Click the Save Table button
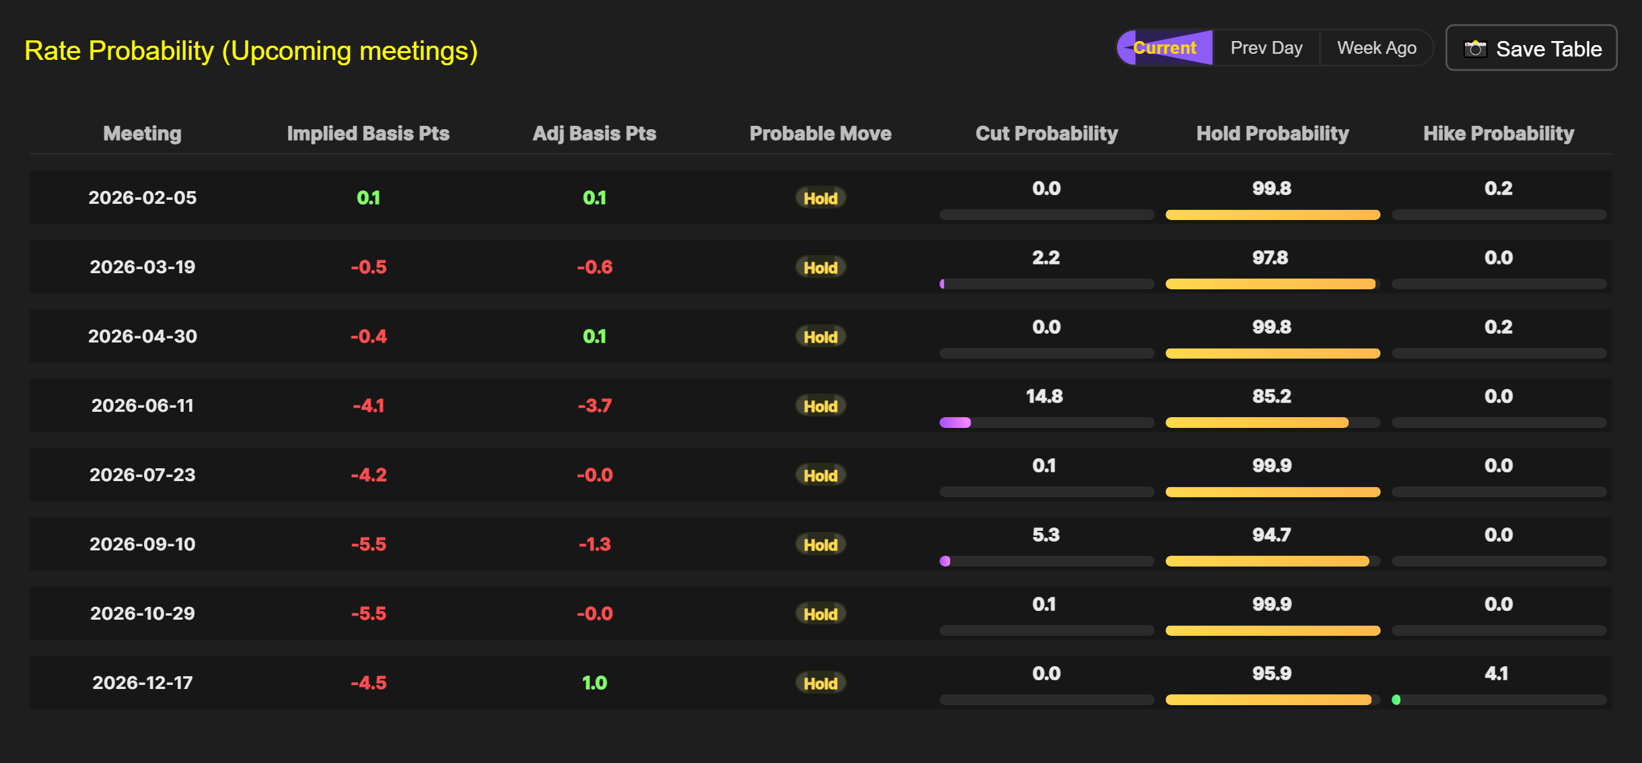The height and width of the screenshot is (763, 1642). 1531,48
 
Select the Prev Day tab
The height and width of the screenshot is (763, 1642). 1266,48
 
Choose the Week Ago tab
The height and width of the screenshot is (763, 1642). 1376,48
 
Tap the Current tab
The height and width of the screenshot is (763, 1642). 1165,48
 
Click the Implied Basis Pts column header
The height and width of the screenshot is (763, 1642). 368,133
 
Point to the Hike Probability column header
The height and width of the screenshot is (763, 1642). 1499,133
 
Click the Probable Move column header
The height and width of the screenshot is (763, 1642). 820,133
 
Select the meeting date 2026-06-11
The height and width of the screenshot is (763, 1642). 143,406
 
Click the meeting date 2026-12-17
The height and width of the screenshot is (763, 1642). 143,683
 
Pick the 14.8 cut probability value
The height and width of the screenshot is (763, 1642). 1044,396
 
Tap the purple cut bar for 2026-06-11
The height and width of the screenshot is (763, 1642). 955,423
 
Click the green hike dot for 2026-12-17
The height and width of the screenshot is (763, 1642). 1396,700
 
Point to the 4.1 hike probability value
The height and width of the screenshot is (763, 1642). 1497,674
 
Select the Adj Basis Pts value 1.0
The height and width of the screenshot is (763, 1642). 594,683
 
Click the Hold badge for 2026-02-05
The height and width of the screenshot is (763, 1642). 820,198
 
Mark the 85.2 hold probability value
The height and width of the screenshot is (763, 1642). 1271,396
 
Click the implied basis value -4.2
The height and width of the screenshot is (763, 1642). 368,475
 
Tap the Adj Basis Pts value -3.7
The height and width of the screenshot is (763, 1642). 594,406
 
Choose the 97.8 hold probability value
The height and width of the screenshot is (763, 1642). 1270,258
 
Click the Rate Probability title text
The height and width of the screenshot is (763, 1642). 251,51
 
